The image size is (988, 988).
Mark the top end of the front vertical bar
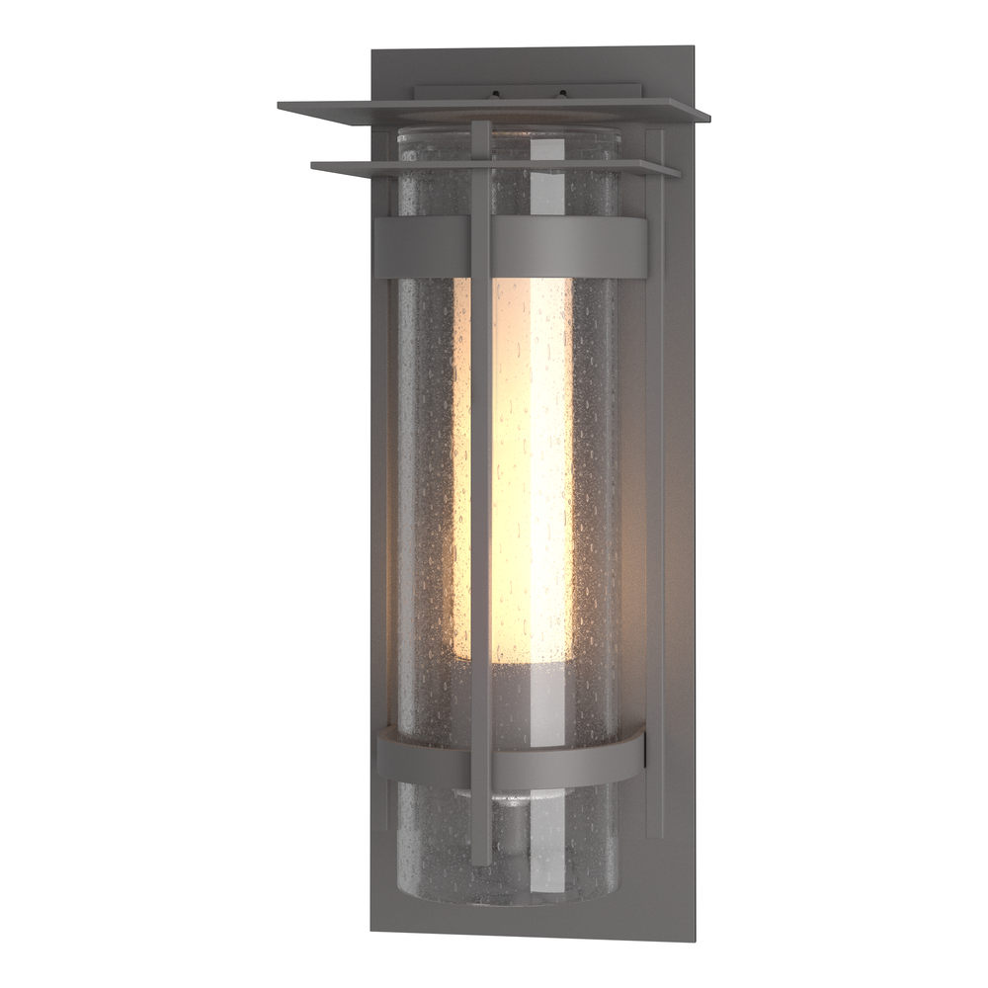[x=481, y=125]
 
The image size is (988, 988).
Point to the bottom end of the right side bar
[x=654, y=833]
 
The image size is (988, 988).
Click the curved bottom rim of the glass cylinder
[x=509, y=899]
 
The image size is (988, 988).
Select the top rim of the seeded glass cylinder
[x=509, y=133]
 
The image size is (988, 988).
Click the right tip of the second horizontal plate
[x=678, y=174]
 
